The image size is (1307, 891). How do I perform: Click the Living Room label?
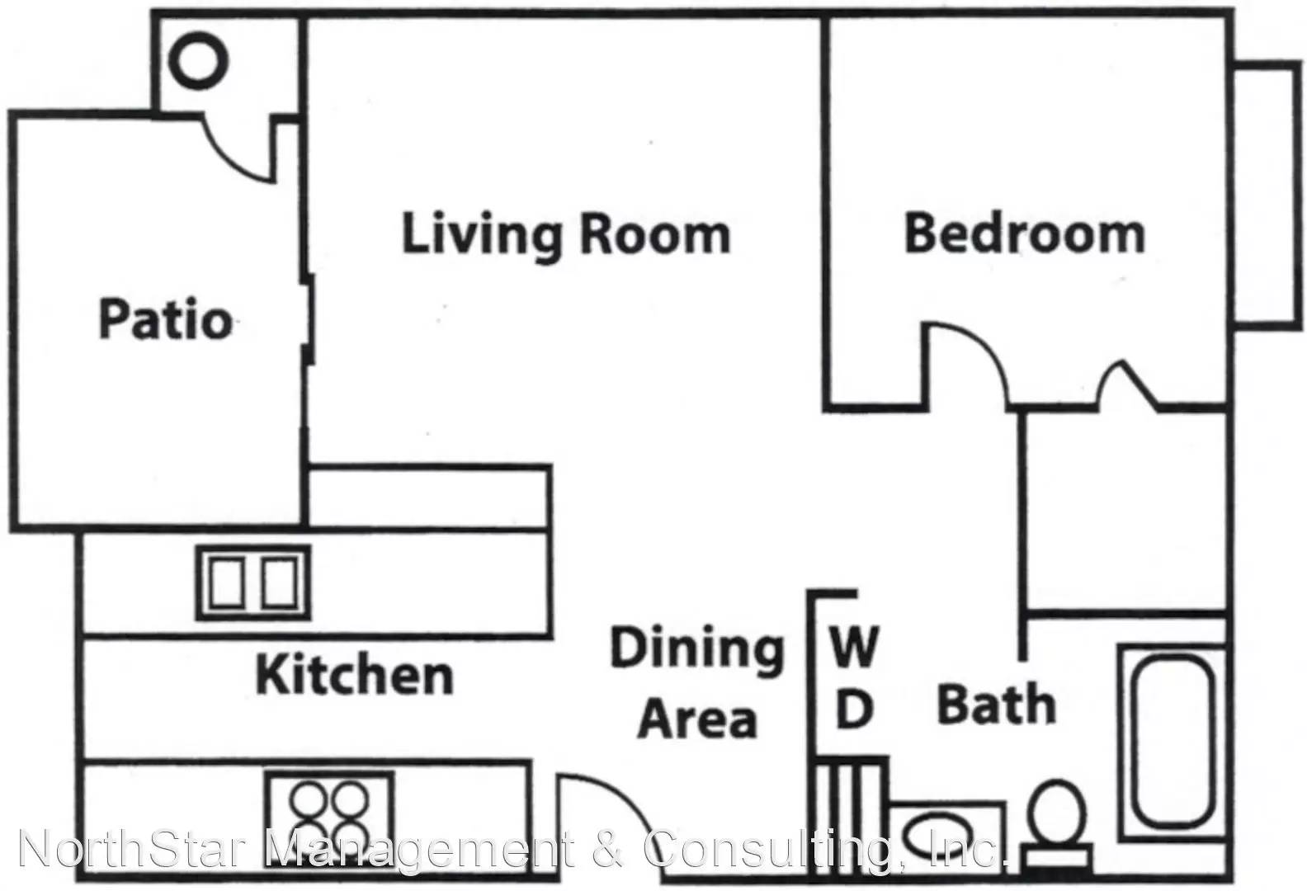[566, 236]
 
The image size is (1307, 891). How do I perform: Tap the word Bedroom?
[1025, 234]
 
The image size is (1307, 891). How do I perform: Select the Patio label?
[166, 318]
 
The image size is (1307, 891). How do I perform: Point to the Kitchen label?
[354, 675]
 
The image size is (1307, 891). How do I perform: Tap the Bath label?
[997, 704]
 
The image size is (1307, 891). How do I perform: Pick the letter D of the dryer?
[854, 709]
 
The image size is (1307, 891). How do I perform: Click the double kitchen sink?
[253, 582]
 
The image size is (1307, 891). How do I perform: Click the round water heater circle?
[198, 61]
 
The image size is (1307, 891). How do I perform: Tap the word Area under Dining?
[698, 719]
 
